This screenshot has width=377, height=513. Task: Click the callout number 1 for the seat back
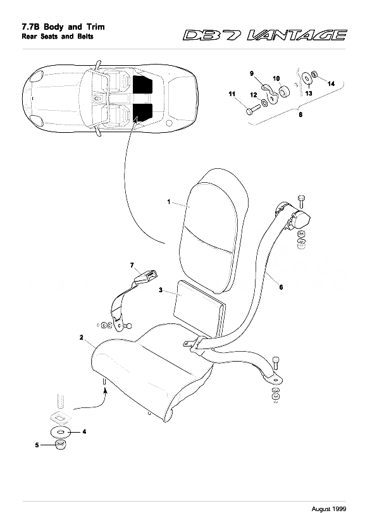(170, 201)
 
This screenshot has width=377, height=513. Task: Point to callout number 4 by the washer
(85, 432)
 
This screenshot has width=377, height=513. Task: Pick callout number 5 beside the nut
(37, 445)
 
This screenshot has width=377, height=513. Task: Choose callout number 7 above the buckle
(132, 264)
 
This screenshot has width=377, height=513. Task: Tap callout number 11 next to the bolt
(232, 94)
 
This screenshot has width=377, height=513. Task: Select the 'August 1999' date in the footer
(349, 507)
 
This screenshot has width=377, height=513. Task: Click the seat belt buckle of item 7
(147, 276)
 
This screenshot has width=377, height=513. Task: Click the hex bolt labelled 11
(248, 111)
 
